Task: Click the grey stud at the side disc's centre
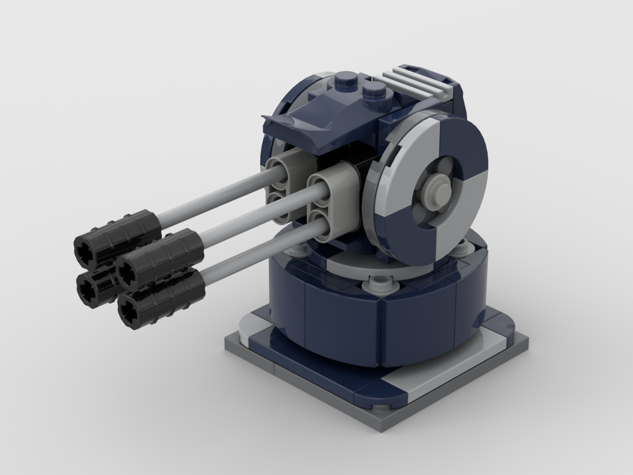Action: coord(437,188)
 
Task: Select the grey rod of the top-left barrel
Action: coord(209,196)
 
